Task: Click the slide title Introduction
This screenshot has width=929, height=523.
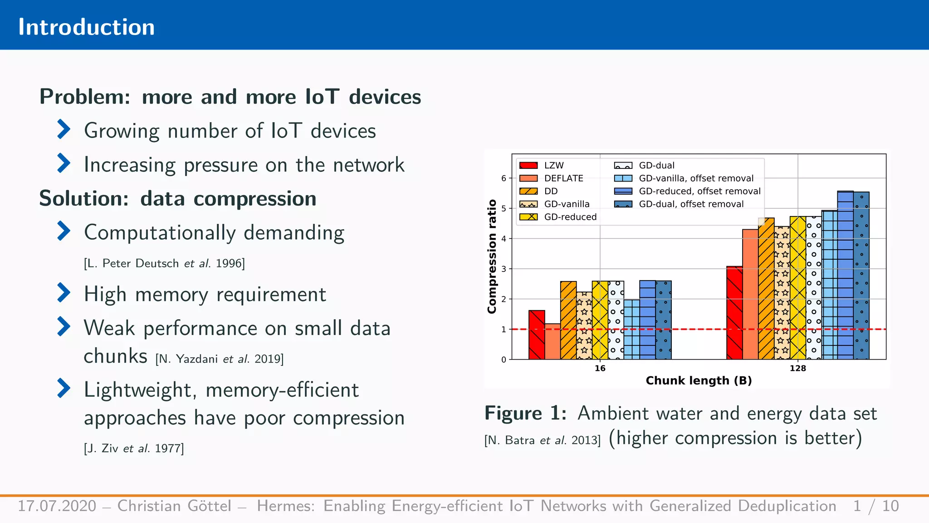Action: coord(86,27)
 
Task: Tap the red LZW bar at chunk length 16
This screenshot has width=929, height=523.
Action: coord(537,335)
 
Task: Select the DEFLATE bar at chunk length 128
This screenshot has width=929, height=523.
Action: coord(750,294)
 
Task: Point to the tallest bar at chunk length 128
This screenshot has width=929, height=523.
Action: coord(845,275)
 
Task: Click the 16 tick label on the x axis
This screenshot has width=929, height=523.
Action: coord(600,368)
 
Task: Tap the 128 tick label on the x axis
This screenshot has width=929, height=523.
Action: coord(797,368)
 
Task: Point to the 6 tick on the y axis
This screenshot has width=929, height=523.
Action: coord(504,178)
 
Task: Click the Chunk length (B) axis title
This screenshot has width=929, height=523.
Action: coord(699,380)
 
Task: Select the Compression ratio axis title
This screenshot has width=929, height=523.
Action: coord(492,257)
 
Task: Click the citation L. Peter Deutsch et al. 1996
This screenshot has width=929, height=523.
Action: coord(164,263)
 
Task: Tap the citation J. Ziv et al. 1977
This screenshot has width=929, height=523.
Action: coord(134,449)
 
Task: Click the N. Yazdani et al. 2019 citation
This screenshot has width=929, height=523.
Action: coord(220,359)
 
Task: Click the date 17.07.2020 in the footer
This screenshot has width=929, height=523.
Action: coord(57,506)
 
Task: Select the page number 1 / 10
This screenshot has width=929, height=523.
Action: coord(875,506)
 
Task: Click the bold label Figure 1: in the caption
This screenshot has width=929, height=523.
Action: coord(525,413)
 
